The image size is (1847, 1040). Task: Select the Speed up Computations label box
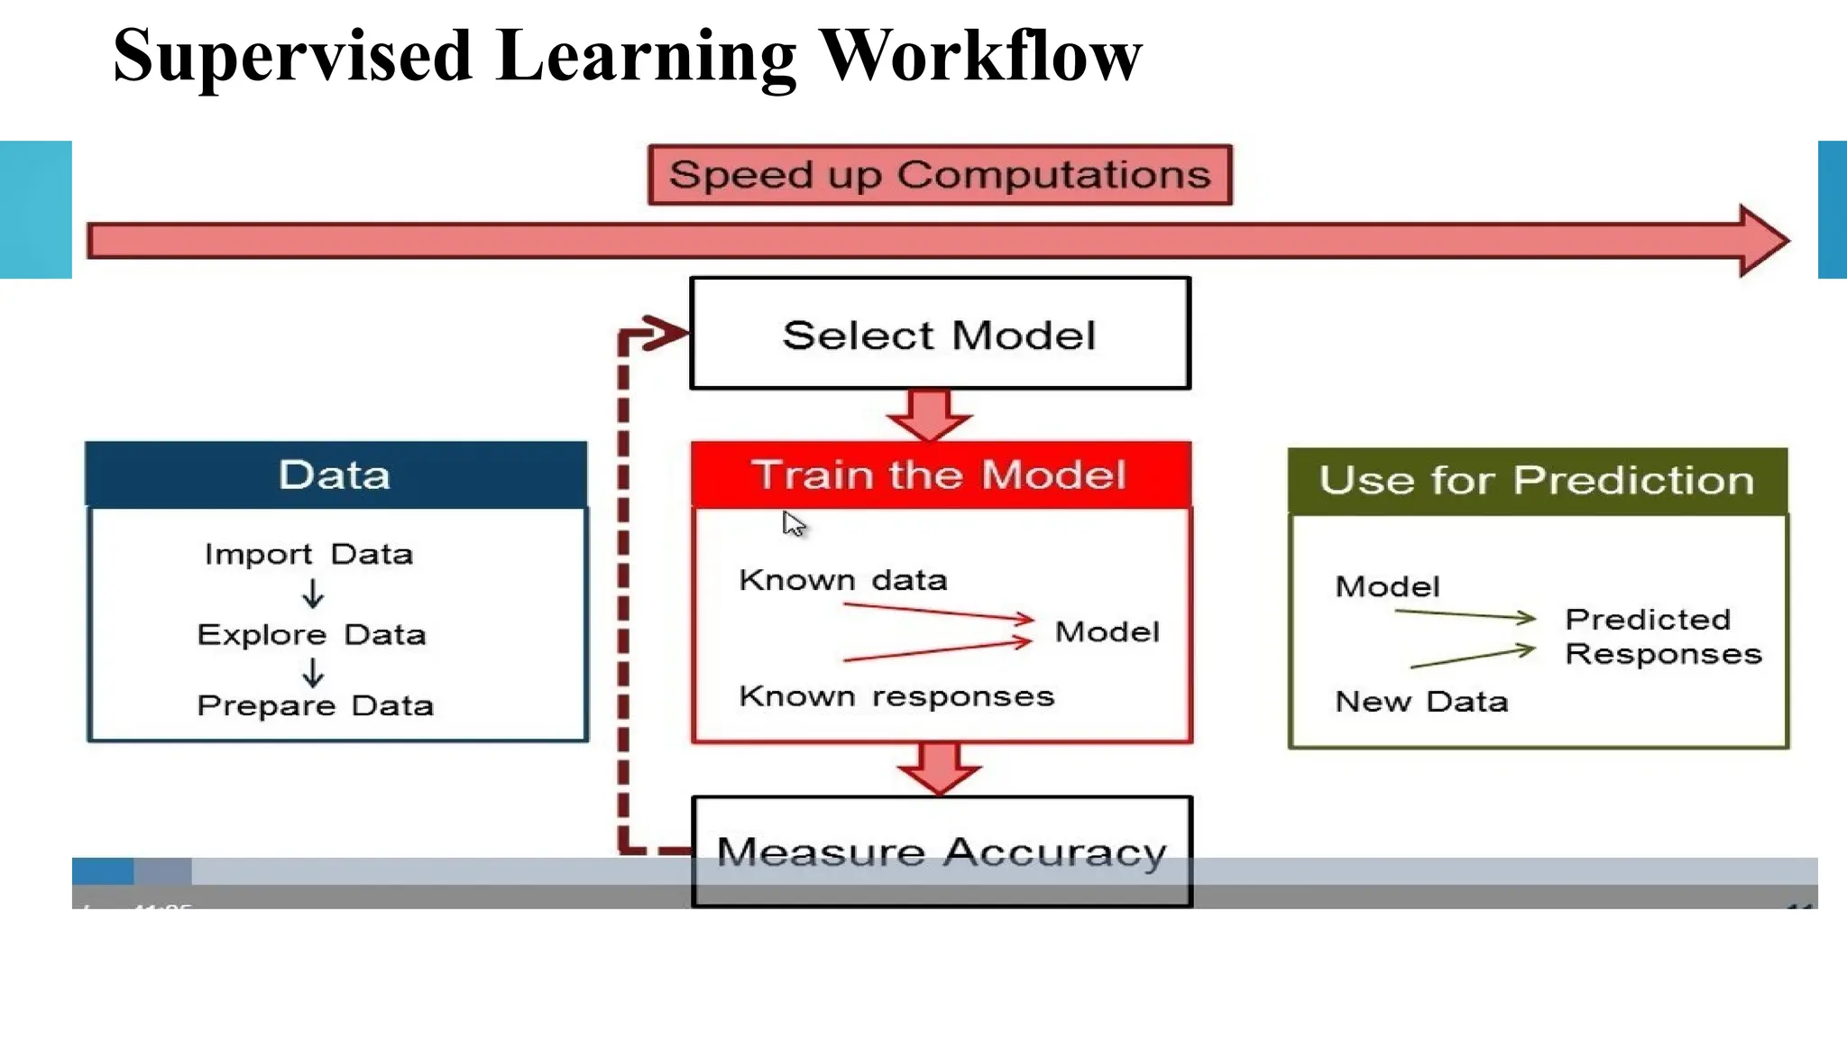pyautogui.click(x=940, y=174)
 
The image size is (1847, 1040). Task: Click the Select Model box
pyautogui.click(x=940, y=334)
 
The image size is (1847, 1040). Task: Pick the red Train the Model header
pyautogui.click(x=940, y=474)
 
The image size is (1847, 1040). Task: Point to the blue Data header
pyautogui.click(x=335, y=474)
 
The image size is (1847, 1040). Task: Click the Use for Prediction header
pyautogui.click(x=1537, y=481)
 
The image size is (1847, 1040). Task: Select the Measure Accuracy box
pyautogui.click(x=942, y=851)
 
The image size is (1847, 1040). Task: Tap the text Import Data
pyautogui.click(x=308, y=554)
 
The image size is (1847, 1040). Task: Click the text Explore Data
pyautogui.click(x=311, y=635)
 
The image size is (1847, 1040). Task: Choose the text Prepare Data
pyautogui.click(x=315, y=705)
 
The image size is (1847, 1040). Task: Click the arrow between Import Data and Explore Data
pyautogui.click(x=313, y=594)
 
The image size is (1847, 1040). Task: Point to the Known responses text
pyautogui.click(x=896, y=696)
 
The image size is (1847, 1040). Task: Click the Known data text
pyautogui.click(x=842, y=580)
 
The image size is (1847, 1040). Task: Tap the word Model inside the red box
pyautogui.click(x=1107, y=632)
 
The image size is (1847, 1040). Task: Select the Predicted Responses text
pyautogui.click(x=1661, y=637)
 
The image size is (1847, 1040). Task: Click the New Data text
pyautogui.click(x=1420, y=702)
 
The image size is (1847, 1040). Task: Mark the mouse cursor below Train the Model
pyautogui.click(x=793, y=524)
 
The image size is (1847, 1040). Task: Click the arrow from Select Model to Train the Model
pyautogui.click(x=930, y=416)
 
